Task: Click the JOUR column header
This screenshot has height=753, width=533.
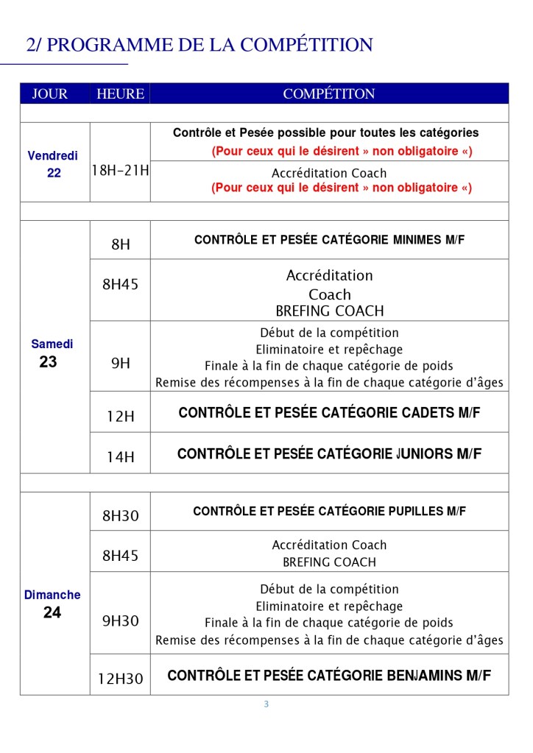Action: [x=49, y=94]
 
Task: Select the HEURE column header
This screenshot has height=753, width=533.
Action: [x=120, y=94]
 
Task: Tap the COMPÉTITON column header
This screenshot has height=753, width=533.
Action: [x=329, y=94]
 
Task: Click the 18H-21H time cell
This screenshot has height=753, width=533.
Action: [x=120, y=171]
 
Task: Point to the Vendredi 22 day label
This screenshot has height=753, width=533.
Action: [x=53, y=164]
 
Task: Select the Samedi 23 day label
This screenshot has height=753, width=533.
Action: [x=52, y=353]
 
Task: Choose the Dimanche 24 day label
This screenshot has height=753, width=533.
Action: [x=52, y=604]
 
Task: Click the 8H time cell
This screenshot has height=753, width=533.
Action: [x=120, y=244]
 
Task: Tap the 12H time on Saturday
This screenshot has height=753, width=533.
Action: [x=120, y=416]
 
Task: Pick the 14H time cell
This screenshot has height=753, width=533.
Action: [x=120, y=457]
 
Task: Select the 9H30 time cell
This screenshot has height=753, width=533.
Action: [x=120, y=621]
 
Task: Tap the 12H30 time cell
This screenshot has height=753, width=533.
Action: [x=120, y=679]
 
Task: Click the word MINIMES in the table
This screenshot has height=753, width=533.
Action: [x=418, y=240]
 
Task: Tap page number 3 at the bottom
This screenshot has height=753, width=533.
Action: [x=266, y=704]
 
